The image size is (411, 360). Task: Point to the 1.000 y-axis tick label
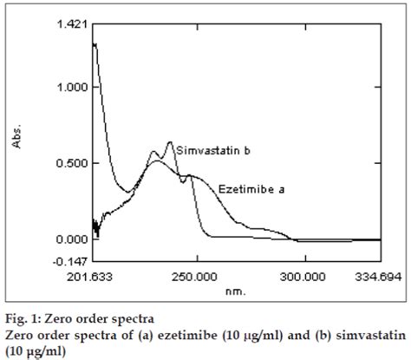click(x=72, y=88)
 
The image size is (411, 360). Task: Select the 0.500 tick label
click(x=72, y=163)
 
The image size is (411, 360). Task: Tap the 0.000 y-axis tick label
click(x=72, y=239)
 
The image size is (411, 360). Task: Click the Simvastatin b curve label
click(x=214, y=151)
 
